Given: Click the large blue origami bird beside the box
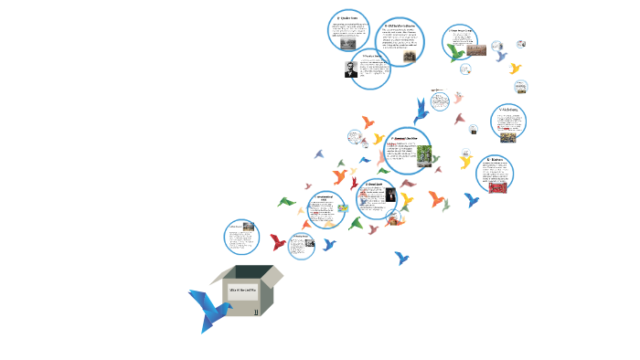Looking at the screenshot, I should point(209,309).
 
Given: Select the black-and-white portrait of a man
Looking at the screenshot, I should point(351,69).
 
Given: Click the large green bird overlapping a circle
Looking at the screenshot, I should point(456,52).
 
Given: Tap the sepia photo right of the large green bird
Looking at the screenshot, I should point(475,50).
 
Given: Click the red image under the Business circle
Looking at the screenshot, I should point(497,187).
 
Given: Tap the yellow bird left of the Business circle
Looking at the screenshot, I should point(465,162).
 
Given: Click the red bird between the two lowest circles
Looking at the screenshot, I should point(278,242).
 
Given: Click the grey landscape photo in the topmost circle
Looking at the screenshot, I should point(348,42).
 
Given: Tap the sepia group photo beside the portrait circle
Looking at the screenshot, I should point(409,57).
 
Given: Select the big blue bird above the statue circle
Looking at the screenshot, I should point(421,111).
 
